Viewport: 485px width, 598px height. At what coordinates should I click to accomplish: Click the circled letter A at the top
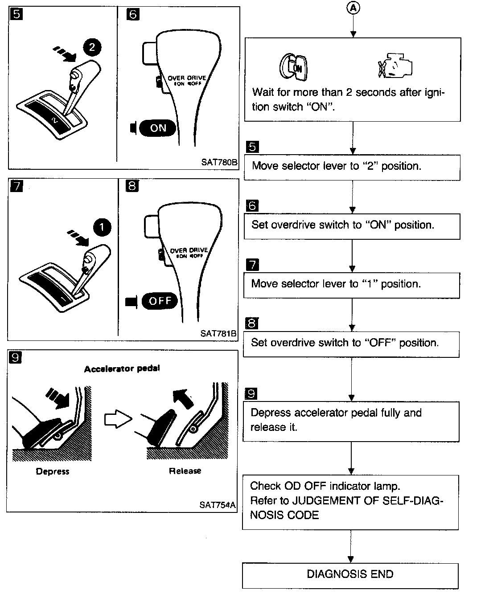[353, 8]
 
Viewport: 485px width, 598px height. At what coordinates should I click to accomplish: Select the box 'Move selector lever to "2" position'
[352, 167]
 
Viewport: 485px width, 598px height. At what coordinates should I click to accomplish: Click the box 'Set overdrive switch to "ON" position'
[352, 225]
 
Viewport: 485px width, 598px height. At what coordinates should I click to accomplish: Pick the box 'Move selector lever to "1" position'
[351, 284]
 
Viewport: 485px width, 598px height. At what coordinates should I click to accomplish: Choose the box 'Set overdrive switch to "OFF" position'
[351, 343]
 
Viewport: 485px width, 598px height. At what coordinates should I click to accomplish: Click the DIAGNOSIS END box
[350, 574]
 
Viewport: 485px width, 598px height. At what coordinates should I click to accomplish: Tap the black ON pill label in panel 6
[158, 128]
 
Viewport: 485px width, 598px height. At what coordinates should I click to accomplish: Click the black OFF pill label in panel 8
[160, 301]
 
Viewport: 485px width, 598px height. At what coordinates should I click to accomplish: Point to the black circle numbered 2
[92, 47]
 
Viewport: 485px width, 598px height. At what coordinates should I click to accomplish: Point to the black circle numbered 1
[102, 228]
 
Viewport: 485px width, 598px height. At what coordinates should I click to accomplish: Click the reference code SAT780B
[218, 163]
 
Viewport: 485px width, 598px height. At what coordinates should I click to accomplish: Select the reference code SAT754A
[217, 505]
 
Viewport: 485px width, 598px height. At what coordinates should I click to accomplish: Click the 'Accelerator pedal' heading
[122, 369]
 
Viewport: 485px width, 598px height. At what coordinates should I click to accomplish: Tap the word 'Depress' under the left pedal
[53, 471]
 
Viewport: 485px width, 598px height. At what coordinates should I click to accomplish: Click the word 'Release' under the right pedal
[185, 471]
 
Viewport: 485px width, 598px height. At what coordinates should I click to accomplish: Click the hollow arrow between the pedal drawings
[118, 419]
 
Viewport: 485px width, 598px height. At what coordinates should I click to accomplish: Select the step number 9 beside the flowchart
[252, 393]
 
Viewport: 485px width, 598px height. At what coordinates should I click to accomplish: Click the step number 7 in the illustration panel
[16, 186]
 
